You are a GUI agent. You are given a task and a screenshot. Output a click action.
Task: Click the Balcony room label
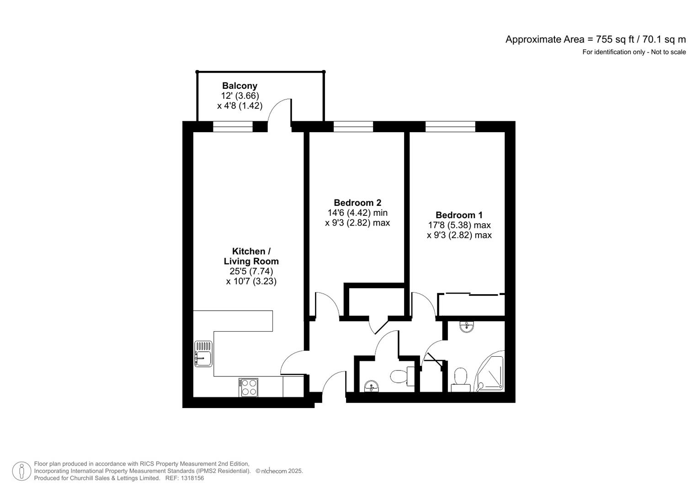point(240,86)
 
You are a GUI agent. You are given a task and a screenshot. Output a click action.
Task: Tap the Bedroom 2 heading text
point(357,203)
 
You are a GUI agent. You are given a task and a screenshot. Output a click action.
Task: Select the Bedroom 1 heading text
point(459,215)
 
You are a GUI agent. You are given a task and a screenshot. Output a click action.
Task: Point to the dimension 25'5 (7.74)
point(251,271)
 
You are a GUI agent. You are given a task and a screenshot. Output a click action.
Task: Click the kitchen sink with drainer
point(203,354)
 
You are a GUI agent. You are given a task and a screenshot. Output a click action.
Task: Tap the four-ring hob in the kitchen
point(248,387)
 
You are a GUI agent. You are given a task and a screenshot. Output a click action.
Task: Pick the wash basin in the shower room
point(467,326)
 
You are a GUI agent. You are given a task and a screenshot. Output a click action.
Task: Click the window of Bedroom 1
point(450,127)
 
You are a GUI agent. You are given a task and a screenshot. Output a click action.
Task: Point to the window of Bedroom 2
point(353,127)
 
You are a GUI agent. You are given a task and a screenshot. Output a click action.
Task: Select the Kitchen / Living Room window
point(233,127)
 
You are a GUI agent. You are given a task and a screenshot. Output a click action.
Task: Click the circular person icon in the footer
point(21,471)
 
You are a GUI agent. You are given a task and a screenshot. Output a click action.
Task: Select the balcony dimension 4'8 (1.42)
point(240,106)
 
